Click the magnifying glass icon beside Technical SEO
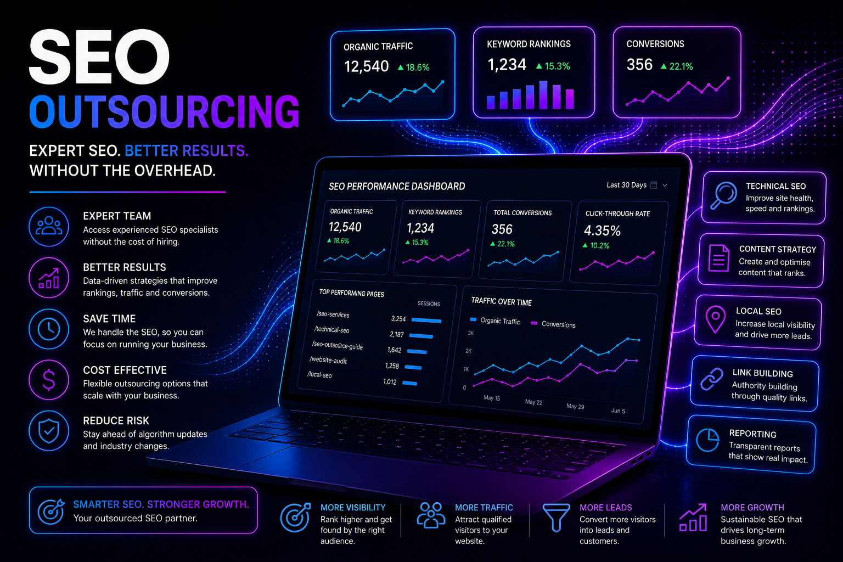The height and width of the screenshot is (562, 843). (x=723, y=195)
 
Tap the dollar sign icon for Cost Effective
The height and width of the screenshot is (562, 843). (x=49, y=380)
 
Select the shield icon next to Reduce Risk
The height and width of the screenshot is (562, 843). (x=49, y=431)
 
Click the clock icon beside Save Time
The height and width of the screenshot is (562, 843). (x=49, y=329)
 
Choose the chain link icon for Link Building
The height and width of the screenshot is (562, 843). (x=712, y=379)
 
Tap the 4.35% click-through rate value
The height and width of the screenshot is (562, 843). (x=602, y=231)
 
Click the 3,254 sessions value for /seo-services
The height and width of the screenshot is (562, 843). (x=398, y=319)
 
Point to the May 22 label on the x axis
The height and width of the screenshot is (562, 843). (x=533, y=402)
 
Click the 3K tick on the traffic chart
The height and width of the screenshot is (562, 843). (x=470, y=333)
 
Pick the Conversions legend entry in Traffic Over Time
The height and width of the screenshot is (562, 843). (x=553, y=324)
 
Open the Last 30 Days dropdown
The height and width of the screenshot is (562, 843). (x=637, y=185)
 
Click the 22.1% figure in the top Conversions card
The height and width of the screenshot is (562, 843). (x=681, y=66)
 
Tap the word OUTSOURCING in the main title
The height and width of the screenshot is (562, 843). (x=165, y=112)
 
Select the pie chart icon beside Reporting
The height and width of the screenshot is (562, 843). (x=707, y=439)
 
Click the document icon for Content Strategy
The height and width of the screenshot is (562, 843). (x=719, y=258)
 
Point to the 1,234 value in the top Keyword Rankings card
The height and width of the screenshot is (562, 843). (x=507, y=65)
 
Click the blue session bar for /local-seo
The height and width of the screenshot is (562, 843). (x=409, y=383)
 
